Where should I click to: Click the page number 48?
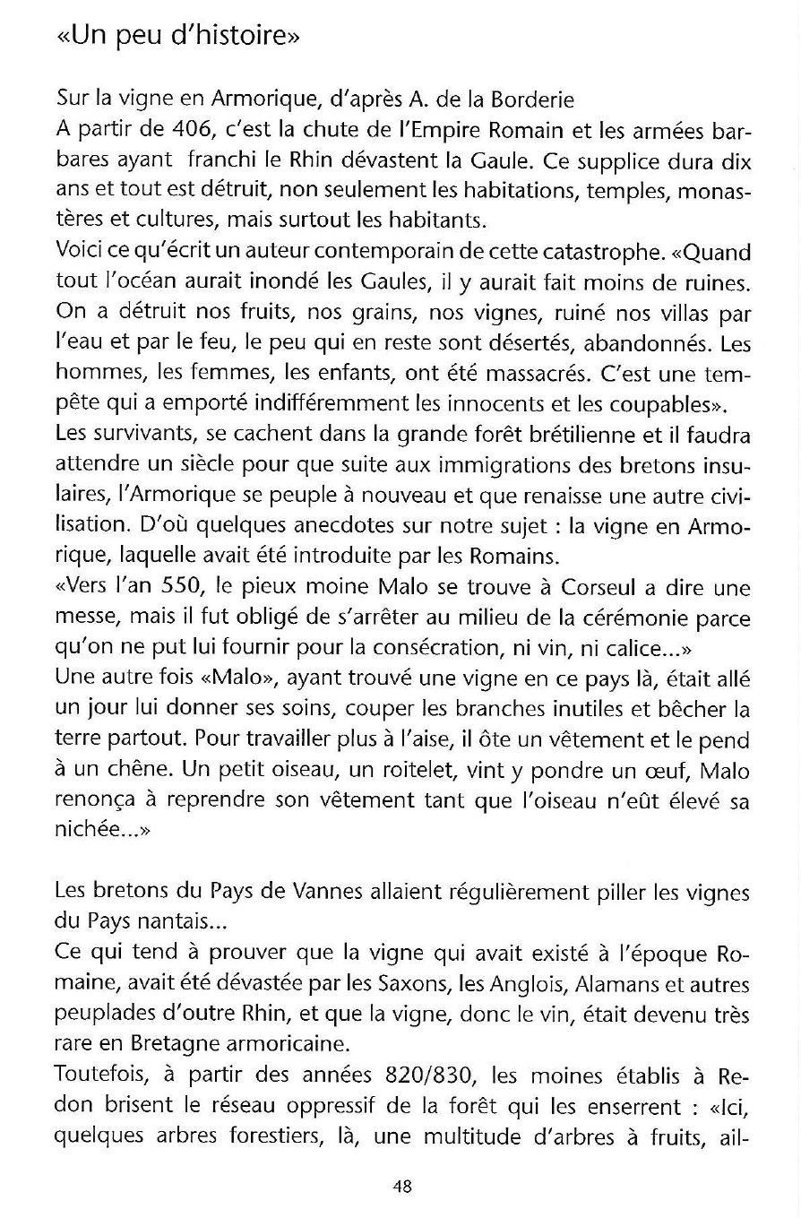(401, 1187)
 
